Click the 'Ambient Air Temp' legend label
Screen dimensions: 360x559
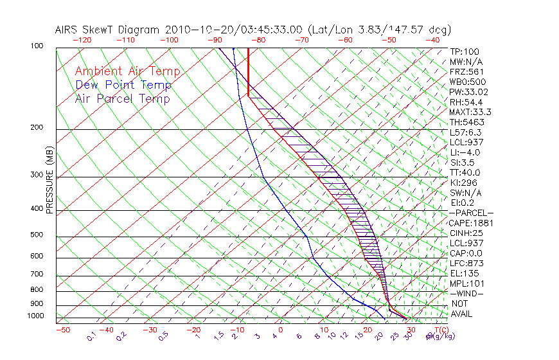point(127,71)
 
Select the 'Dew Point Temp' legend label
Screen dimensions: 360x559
point(123,85)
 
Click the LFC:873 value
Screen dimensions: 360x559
point(466,263)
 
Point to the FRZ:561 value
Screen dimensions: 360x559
point(466,71)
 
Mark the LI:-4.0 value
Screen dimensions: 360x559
point(465,152)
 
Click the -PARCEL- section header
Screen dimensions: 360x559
point(471,213)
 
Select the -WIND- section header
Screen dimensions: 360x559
point(466,293)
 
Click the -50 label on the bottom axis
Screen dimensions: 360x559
point(62,330)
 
